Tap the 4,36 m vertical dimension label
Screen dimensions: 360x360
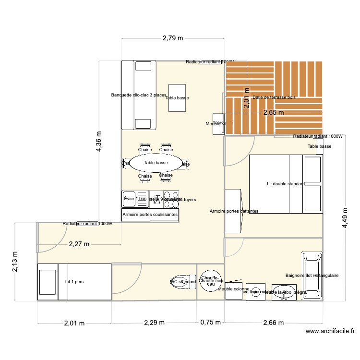pyautogui.click(x=99, y=142)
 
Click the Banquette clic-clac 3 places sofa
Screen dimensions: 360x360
pyautogui.click(x=139, y=95)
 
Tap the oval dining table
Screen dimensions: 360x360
pyautogui.click(x=156, y=163)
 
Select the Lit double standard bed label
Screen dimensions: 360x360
pyautogui.click(x=286, y=184)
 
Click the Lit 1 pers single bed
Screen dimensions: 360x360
pyautogui.click(x=74, y=282)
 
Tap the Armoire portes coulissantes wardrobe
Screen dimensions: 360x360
pyautogui.click(x=150, y=215)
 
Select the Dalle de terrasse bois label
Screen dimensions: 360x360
pyautogui.click(x=274, y=97)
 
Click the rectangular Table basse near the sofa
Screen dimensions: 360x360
pyautogui.click(x=177, y=98)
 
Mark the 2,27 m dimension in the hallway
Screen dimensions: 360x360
pyautogui.click(x=79, y=244)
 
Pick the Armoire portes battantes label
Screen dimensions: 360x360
pyautogui.click(x=234, y=211)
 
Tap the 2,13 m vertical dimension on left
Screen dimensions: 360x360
pyautogui.click(x=15, y=262)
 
